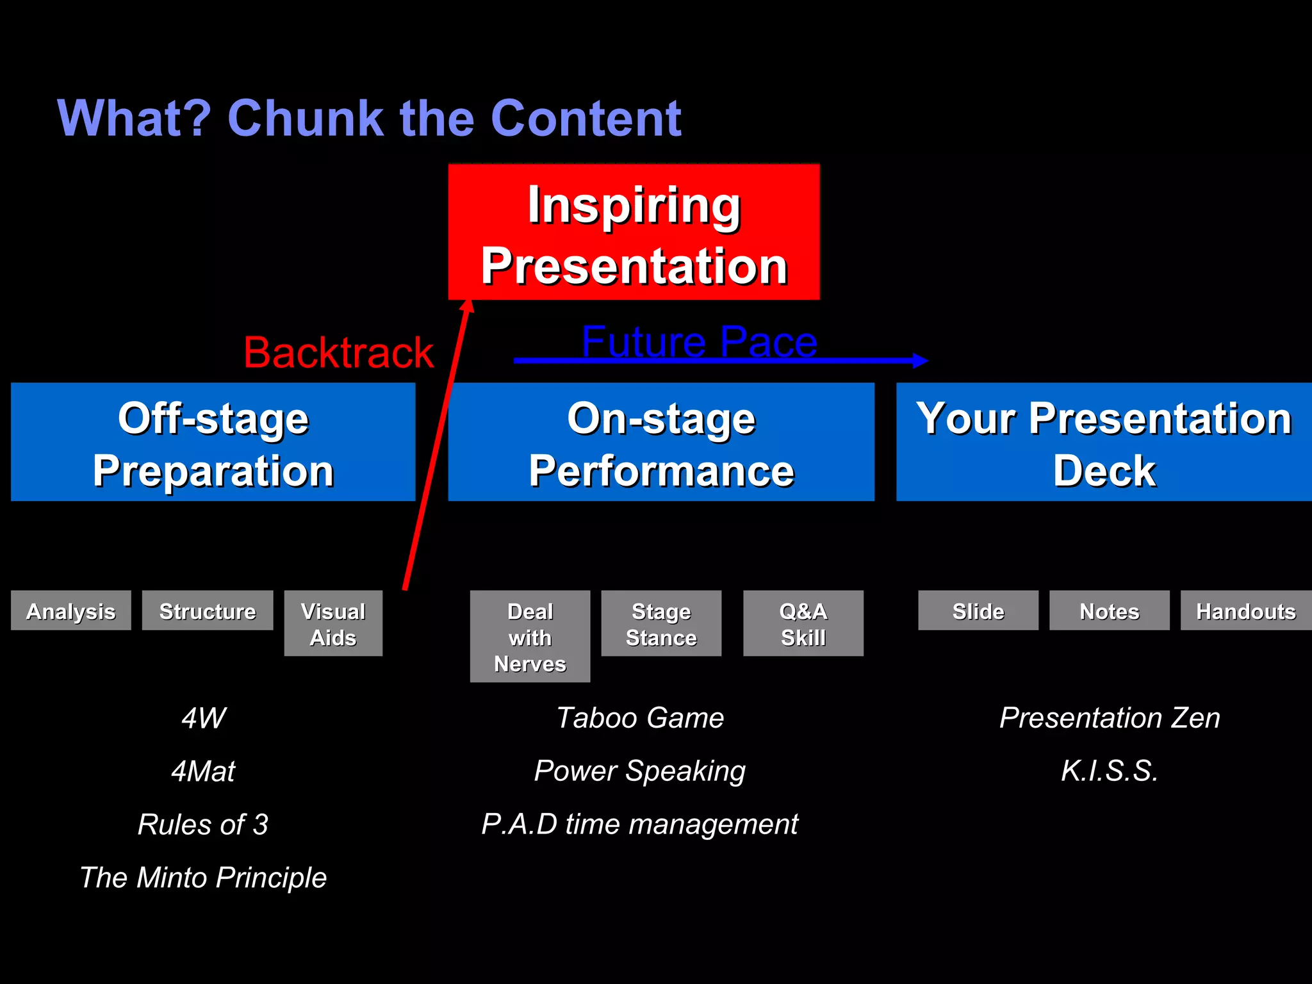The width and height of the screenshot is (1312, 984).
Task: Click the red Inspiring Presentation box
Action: (x=634, y=232)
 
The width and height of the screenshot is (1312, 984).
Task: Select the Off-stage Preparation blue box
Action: (x=213, y=442)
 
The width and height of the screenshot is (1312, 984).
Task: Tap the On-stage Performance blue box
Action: (x=660, y=442)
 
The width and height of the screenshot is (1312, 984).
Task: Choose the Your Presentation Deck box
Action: (x=1103, y=442)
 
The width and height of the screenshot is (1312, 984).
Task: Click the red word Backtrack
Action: (x=338, y=352)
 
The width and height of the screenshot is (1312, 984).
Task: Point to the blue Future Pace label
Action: (x=699, y=341)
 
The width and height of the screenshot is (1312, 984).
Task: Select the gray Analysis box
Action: (x=71, y=611)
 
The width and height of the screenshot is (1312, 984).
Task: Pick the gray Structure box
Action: (x=208, y=611)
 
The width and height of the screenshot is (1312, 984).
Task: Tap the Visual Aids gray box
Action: (x=333, y=623)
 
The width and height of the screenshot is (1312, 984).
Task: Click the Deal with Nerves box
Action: (x=530, y=636)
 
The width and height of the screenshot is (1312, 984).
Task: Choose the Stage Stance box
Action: (x=661, y=623)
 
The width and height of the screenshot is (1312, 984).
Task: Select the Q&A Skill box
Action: (x=803, y=623)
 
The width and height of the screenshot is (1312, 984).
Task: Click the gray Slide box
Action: (x=978, y=611)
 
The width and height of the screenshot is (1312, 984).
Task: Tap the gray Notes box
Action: (x=1109, y=611)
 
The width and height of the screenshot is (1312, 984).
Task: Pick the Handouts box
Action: (x=1245, y=611)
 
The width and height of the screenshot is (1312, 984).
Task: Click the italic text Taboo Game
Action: (x=640, y=717)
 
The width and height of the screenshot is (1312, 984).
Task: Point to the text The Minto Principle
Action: (x=203, y=877)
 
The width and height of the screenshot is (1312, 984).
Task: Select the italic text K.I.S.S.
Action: (x=1110, y=771)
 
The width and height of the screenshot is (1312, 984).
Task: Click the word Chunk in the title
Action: (x=305, y=119)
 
